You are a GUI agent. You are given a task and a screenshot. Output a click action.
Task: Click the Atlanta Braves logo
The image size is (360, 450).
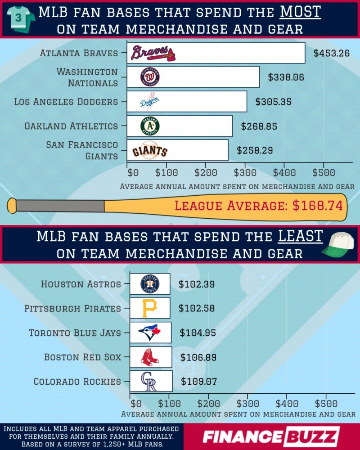point(153,53)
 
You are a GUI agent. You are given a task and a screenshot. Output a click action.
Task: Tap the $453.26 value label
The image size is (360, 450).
point(332,53)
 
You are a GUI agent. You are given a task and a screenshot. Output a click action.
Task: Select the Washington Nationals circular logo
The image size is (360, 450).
point(150,77)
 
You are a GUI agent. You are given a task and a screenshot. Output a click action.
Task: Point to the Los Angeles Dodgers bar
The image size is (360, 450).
point(187,101)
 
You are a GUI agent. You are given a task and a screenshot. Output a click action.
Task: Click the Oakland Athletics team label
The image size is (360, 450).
point(71,126)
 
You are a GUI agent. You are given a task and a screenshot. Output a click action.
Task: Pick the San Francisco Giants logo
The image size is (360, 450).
point(149,150)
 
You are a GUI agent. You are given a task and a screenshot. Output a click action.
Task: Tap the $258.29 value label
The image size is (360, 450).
point(255,150)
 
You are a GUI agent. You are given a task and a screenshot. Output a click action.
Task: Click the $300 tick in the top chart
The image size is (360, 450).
point(245,172)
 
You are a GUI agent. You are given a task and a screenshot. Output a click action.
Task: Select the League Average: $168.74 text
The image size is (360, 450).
point(259,206)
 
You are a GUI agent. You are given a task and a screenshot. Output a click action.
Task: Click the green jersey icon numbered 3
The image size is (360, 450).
point(20,18)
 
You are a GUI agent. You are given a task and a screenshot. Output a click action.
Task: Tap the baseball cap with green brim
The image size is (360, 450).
point(338,244)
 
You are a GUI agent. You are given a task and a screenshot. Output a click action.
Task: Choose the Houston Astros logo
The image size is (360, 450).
point(150,284)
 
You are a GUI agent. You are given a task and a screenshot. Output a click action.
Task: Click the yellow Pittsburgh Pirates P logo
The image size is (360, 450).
point(149,308)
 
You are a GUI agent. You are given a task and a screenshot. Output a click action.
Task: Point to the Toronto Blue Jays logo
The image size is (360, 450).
point(149,333)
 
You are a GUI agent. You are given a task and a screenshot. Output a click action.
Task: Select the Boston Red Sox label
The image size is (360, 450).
point(83,357)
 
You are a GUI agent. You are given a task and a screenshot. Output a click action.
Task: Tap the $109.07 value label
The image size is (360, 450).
point(198,382)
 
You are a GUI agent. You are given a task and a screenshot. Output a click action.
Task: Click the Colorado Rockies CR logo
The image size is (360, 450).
point(148,381)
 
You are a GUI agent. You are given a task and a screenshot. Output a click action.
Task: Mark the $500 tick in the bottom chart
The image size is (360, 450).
point(326,404)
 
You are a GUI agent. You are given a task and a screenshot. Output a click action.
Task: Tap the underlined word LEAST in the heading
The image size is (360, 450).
point(300,236)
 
